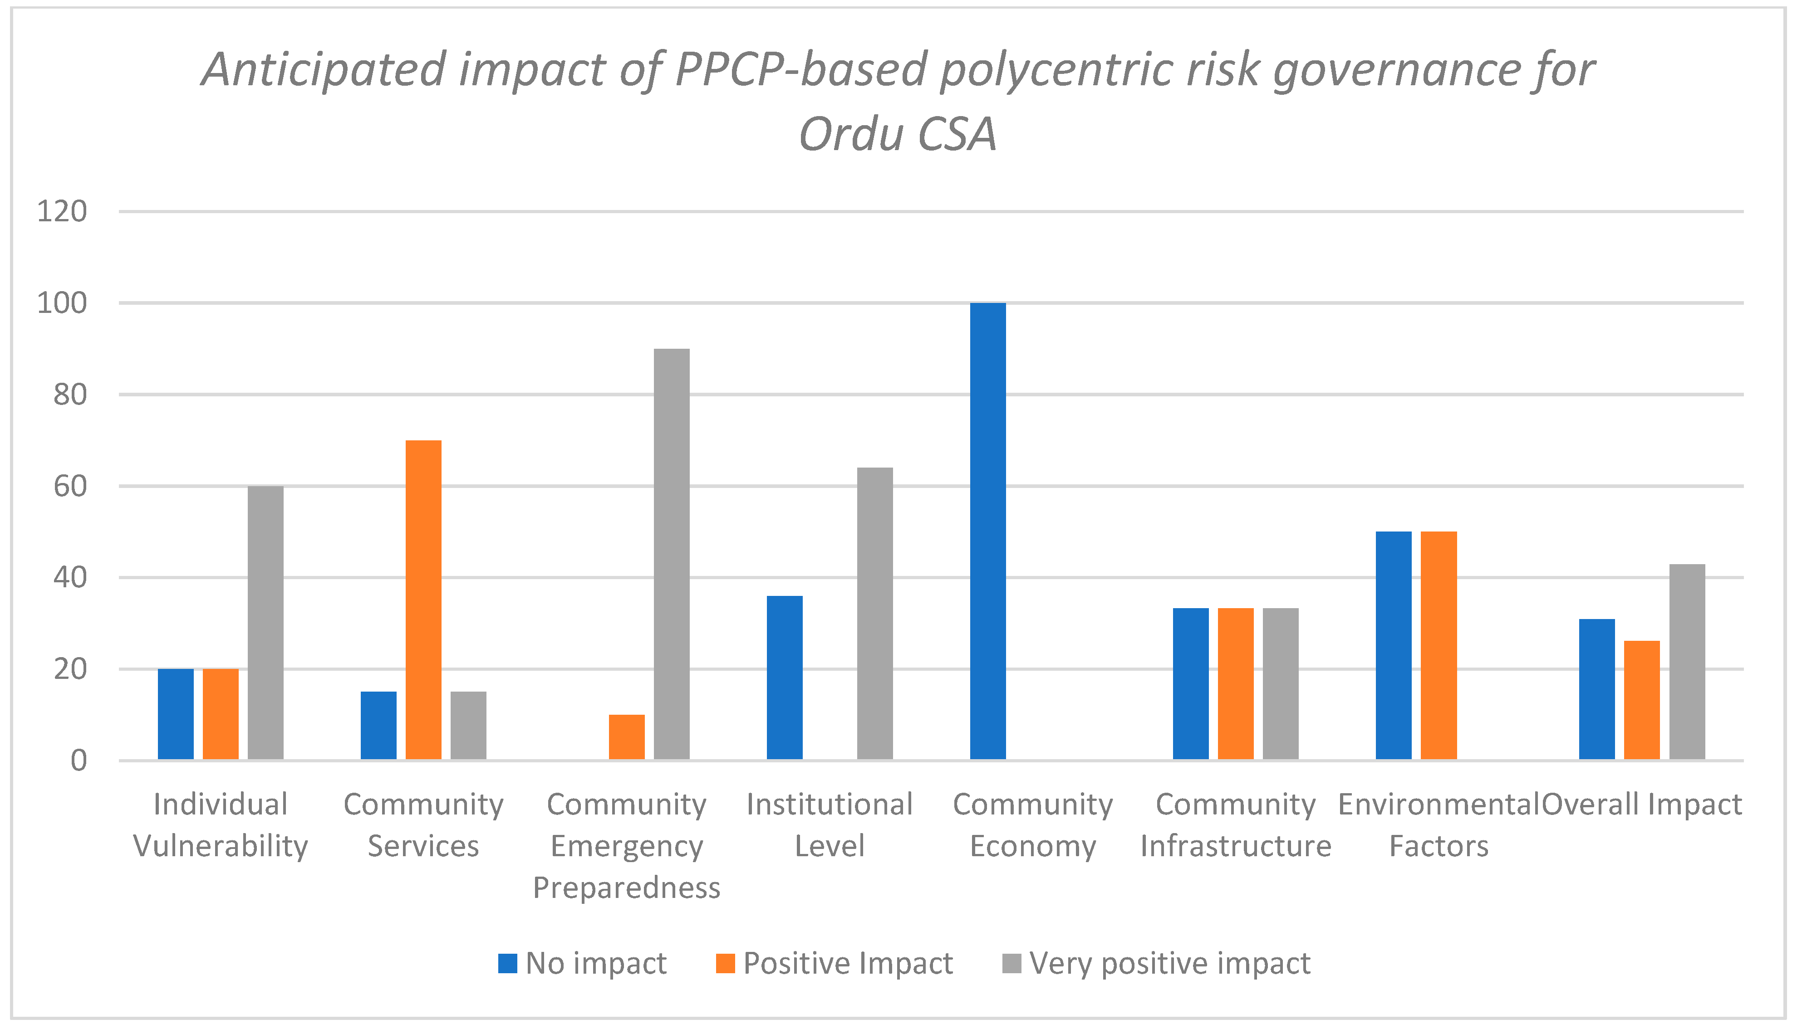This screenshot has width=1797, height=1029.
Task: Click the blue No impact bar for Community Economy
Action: pyautogui.click(x=987, y=532)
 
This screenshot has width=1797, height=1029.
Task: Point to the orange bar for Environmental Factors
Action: pyautogui.click(x=1439, y=646)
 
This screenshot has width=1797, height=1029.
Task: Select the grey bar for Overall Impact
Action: pyautogui.click(x=1687, y=662)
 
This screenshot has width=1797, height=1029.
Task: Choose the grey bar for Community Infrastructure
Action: pyautogui.click(x=1280, y=684)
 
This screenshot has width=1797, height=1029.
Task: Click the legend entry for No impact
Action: pyautogui.click(x=582, y=963)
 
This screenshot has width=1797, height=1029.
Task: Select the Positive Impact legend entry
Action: pyautogui.click(x=835, y=963)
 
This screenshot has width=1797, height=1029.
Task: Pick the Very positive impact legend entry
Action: pyautogui.click(x=1156, y=963)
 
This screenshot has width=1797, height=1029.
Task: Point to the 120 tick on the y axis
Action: pyautogui.click(x=62, y=211)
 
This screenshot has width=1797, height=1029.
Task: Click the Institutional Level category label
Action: pyautogui.click(x=830, y=825)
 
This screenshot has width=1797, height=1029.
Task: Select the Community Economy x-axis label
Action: pyautogui.click(x=1032, y=825)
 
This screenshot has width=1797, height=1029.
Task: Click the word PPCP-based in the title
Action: pyautogui.click(x=800, y=71)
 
